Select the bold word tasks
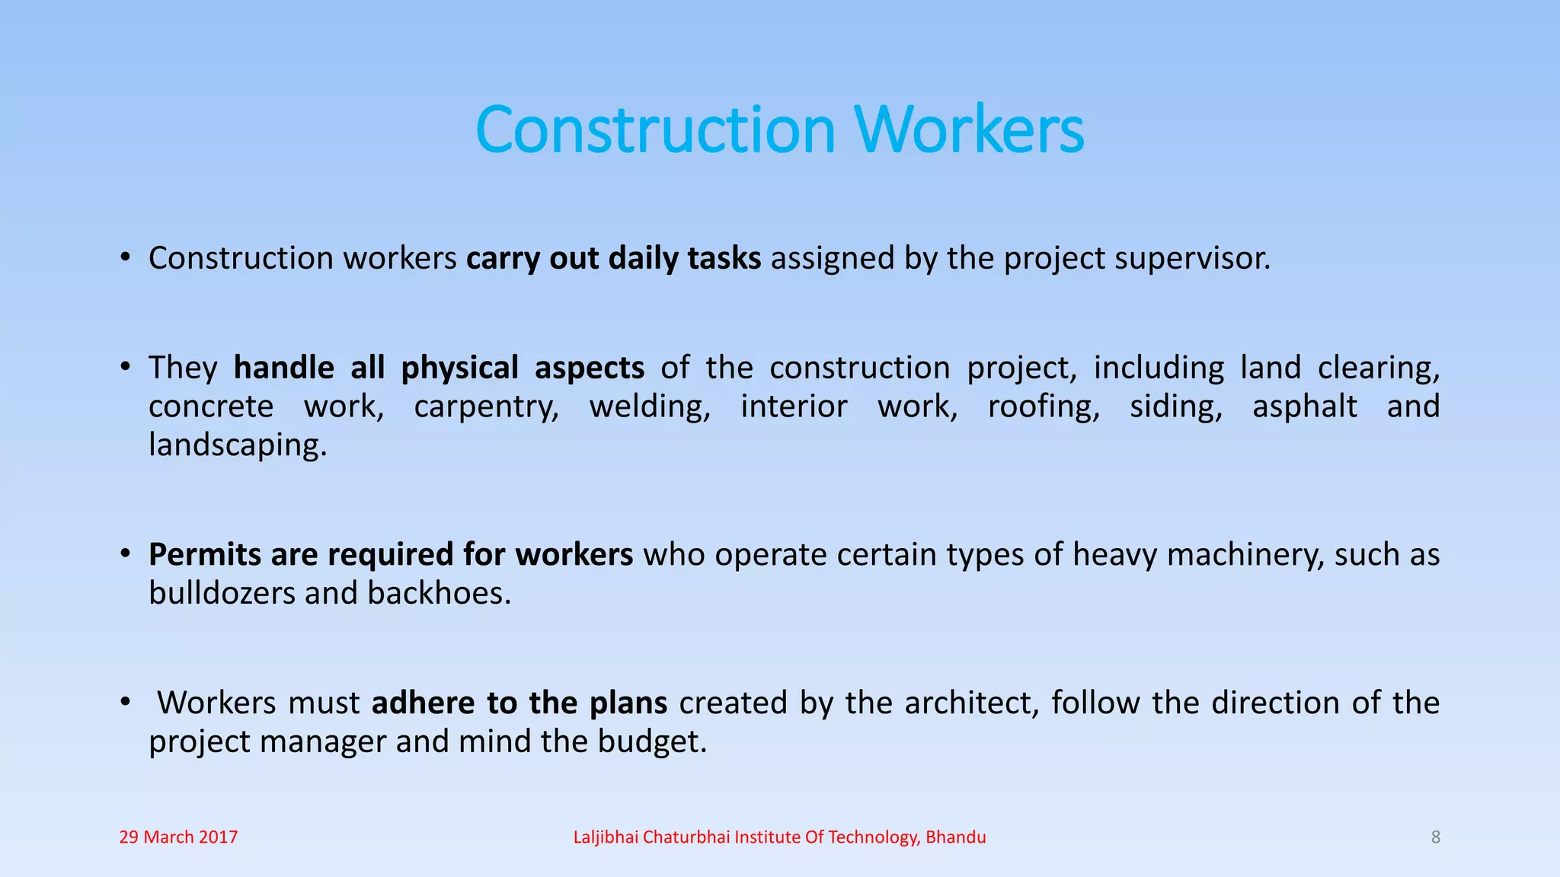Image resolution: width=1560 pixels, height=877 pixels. [724, 259]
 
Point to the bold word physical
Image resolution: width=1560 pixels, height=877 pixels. [459, 368]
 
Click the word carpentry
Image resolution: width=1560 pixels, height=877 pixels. [486, 407]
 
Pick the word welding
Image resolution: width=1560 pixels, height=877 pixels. [649, 407]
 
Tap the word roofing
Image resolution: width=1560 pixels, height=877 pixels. [1044, 407]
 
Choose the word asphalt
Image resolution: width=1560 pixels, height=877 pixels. [1304, 407]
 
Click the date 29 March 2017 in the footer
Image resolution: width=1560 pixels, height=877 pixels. [178, 837]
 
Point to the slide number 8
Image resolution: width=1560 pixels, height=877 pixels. [1436, 837]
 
